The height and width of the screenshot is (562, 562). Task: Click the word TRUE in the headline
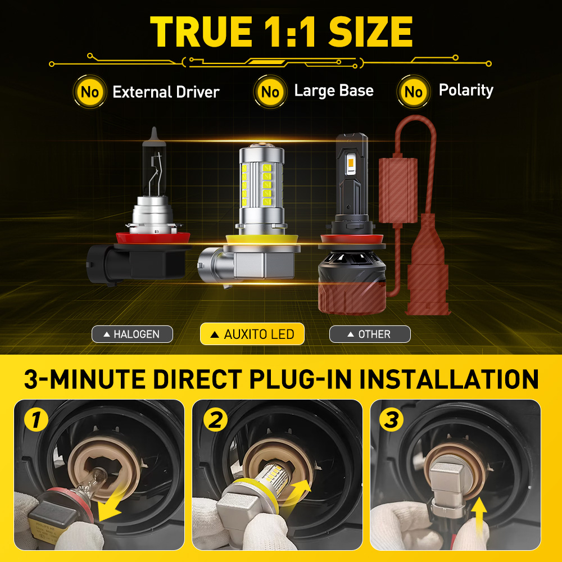point(201,31)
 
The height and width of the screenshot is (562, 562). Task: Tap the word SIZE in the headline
point(370,31)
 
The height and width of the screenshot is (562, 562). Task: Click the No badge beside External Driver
point(89,92)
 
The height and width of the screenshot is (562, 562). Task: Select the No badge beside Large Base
point(270,92)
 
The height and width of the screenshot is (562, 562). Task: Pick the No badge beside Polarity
point(414,92)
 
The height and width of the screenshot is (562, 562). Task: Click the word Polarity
point(466,90)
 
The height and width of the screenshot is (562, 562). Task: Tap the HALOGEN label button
point(132,334)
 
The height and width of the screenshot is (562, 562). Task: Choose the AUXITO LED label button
point(252,334)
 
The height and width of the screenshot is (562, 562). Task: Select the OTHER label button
point(370,334)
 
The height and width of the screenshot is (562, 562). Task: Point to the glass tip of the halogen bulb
point(154,133)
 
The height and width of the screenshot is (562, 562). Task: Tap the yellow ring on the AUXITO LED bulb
point(262,238)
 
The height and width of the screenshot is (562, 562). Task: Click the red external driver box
point(398,191)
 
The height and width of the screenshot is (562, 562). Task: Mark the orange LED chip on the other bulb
point(351,164)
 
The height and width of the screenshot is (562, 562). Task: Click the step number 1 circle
point(36,419)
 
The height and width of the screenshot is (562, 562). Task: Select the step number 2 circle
point(215,419)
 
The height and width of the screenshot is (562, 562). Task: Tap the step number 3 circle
point(391,419)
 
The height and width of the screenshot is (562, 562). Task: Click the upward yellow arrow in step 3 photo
point(479,516)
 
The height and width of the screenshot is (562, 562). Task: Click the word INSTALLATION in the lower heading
point(448,379)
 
